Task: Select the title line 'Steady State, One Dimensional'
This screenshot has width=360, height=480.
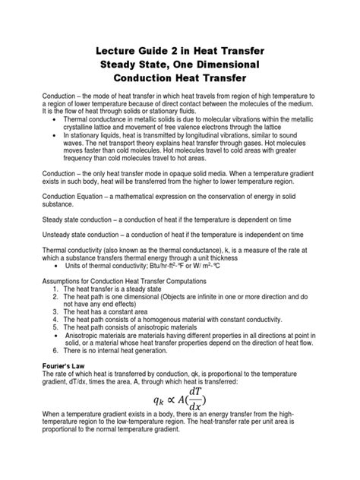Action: tap(179, 64)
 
